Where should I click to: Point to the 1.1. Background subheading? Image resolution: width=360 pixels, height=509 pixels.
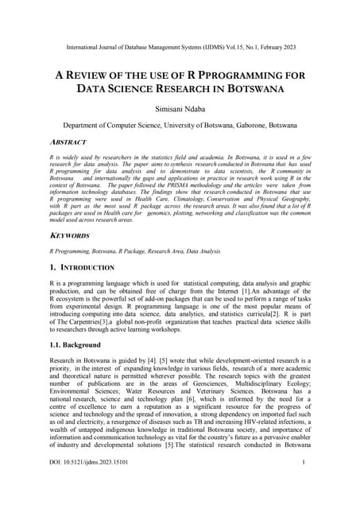(75, 345)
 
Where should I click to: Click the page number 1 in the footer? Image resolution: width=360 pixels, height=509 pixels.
(304, 484)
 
